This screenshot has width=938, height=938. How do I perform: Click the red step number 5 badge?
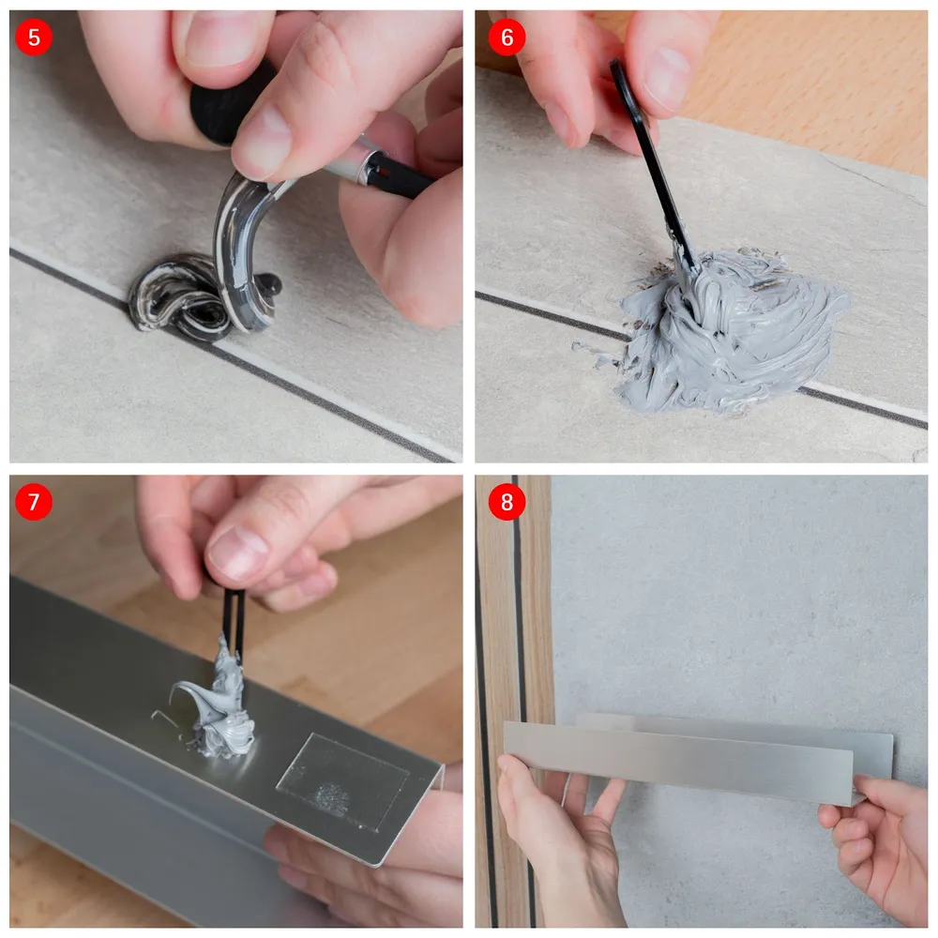coord(34,38)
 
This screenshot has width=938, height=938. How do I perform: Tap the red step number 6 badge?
coord(507,38)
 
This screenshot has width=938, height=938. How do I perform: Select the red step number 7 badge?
coord(34,501)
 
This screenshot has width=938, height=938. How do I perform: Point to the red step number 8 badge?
coord(507,501)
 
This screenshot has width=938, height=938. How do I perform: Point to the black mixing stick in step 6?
coord(655,168)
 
